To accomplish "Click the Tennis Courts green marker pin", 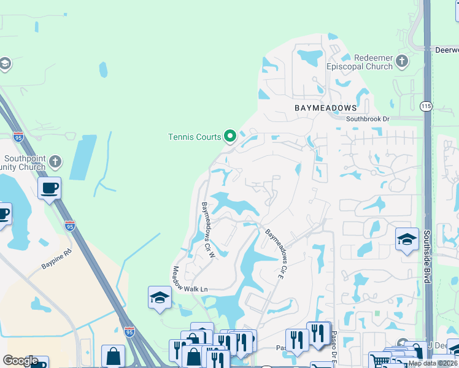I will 230,136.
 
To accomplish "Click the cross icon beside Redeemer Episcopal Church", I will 402,60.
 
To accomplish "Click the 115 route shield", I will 426,106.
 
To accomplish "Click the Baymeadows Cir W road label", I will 207,229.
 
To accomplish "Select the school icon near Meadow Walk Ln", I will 160,297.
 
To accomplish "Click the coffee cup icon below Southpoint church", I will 49,187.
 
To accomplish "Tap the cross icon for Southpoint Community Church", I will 55,162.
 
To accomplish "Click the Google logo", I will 20,361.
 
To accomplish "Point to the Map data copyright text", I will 433,363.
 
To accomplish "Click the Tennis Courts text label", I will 194,136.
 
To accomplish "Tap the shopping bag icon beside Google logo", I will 113,356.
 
